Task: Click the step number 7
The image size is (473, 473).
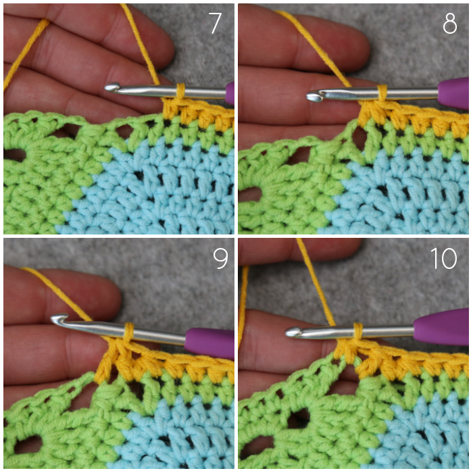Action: coord(215,23)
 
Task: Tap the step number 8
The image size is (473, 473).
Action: coord(450,24)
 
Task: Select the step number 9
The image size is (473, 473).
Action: coord(220,259)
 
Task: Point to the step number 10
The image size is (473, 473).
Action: coord(443,258)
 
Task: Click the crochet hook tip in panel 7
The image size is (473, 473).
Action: coord(109,87)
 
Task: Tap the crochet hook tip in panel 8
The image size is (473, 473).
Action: coord(313,96)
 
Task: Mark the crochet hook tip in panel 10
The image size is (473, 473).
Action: coord(292,332)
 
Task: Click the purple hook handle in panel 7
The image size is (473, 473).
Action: coord(230,93)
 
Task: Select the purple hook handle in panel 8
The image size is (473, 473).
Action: coord(453,93)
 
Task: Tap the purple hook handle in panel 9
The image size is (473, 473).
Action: coord(209,343)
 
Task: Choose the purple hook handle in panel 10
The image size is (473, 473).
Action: coord(441,326)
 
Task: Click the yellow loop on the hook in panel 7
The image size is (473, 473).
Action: coord(180,92)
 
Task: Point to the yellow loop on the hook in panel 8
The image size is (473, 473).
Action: coord(382,94)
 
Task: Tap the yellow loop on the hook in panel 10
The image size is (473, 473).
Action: coord(358,332)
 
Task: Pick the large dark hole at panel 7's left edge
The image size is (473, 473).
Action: coord(14,155)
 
